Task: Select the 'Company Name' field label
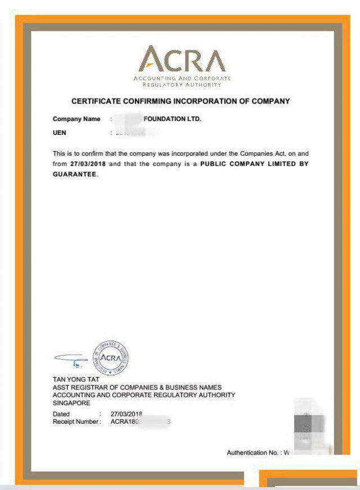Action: [x=76, y=119]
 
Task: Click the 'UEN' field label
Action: [x=59, y=133]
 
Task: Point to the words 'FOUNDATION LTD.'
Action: [x=172, y=119]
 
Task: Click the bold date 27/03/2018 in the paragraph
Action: [x=88, y=164]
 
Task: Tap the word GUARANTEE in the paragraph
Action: [x=75, y=174]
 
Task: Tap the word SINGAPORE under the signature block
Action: [x=71, y=403]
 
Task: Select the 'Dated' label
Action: [x=61, y=414]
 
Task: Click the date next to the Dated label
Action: [x=127, y=414]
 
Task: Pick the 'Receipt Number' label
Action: [x=77, y=421]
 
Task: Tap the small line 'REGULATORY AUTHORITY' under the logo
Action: [x=182, y=84]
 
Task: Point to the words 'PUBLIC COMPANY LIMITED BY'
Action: [x=254, y=164]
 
